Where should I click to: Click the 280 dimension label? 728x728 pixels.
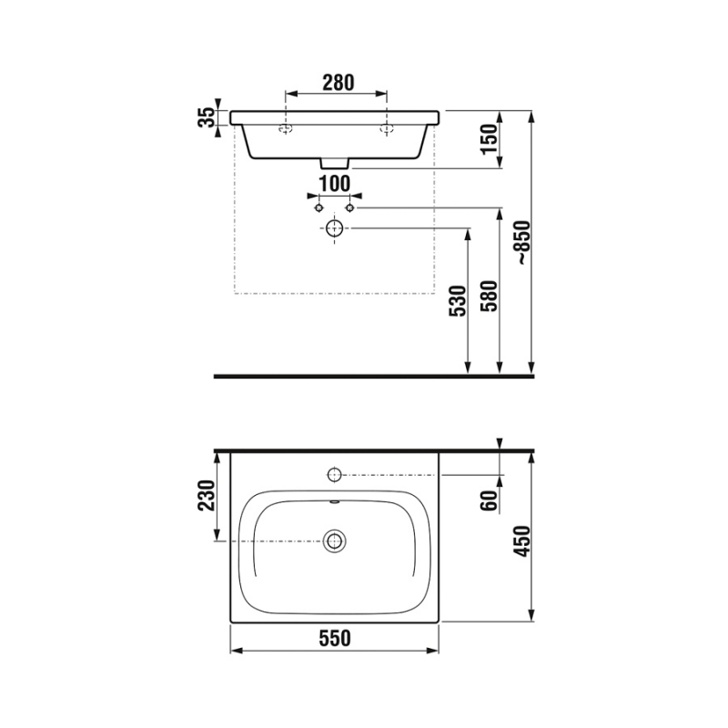pos(338,83)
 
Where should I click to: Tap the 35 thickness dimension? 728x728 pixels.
pos(207,117)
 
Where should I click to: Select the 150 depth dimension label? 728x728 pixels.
pos(489,139)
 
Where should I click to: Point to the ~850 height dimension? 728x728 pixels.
pos(524,242)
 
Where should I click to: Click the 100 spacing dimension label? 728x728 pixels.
pos(335,184)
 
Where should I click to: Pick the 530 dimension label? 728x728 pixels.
pos(458,301)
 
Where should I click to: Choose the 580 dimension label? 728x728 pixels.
pos(489,297)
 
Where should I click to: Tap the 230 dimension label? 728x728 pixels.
pos(207,495)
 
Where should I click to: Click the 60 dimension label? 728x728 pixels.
pos(489,500)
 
